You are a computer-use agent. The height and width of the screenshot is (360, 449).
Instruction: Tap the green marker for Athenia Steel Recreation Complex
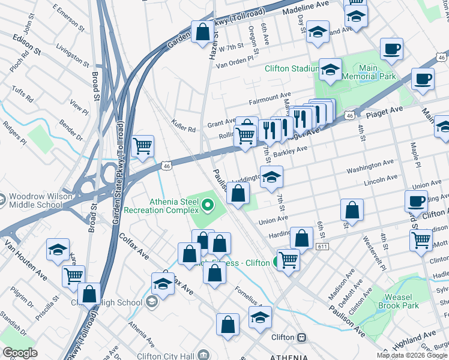(x=208, y=206)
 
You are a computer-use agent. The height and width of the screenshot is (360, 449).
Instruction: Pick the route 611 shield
(x=323, y=247)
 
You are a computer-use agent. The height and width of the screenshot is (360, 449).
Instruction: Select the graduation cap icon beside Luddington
(x=271, y=177)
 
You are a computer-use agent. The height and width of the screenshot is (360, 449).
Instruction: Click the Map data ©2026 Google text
(x=412, y=355)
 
